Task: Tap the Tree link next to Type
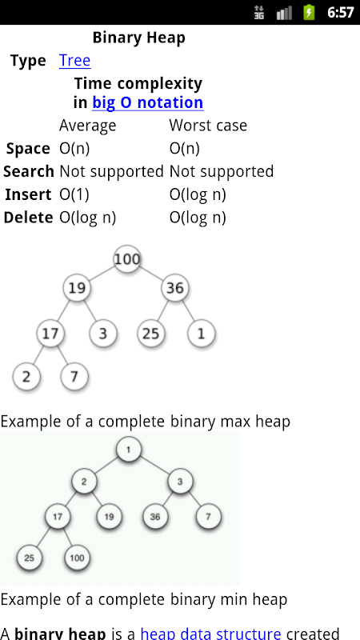[74, 61]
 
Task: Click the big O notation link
[148, 102]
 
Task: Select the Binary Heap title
[138, 38]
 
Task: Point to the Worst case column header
[208, 126]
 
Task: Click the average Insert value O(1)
[74, 194]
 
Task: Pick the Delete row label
[28, 218]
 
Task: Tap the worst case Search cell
[222, 172]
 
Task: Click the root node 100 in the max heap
[127, 258]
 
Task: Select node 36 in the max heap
[175, 288]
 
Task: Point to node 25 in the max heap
[150, 334]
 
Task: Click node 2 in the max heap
[26, 376]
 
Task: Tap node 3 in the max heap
[103, 334]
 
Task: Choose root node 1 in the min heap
[129, 450]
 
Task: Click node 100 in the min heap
[77, 558]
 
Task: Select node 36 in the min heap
[155, 517]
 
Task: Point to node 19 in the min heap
[109, 517]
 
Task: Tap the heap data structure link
[210, 634]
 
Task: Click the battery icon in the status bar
[309, 13]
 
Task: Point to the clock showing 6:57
[341, 13]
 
